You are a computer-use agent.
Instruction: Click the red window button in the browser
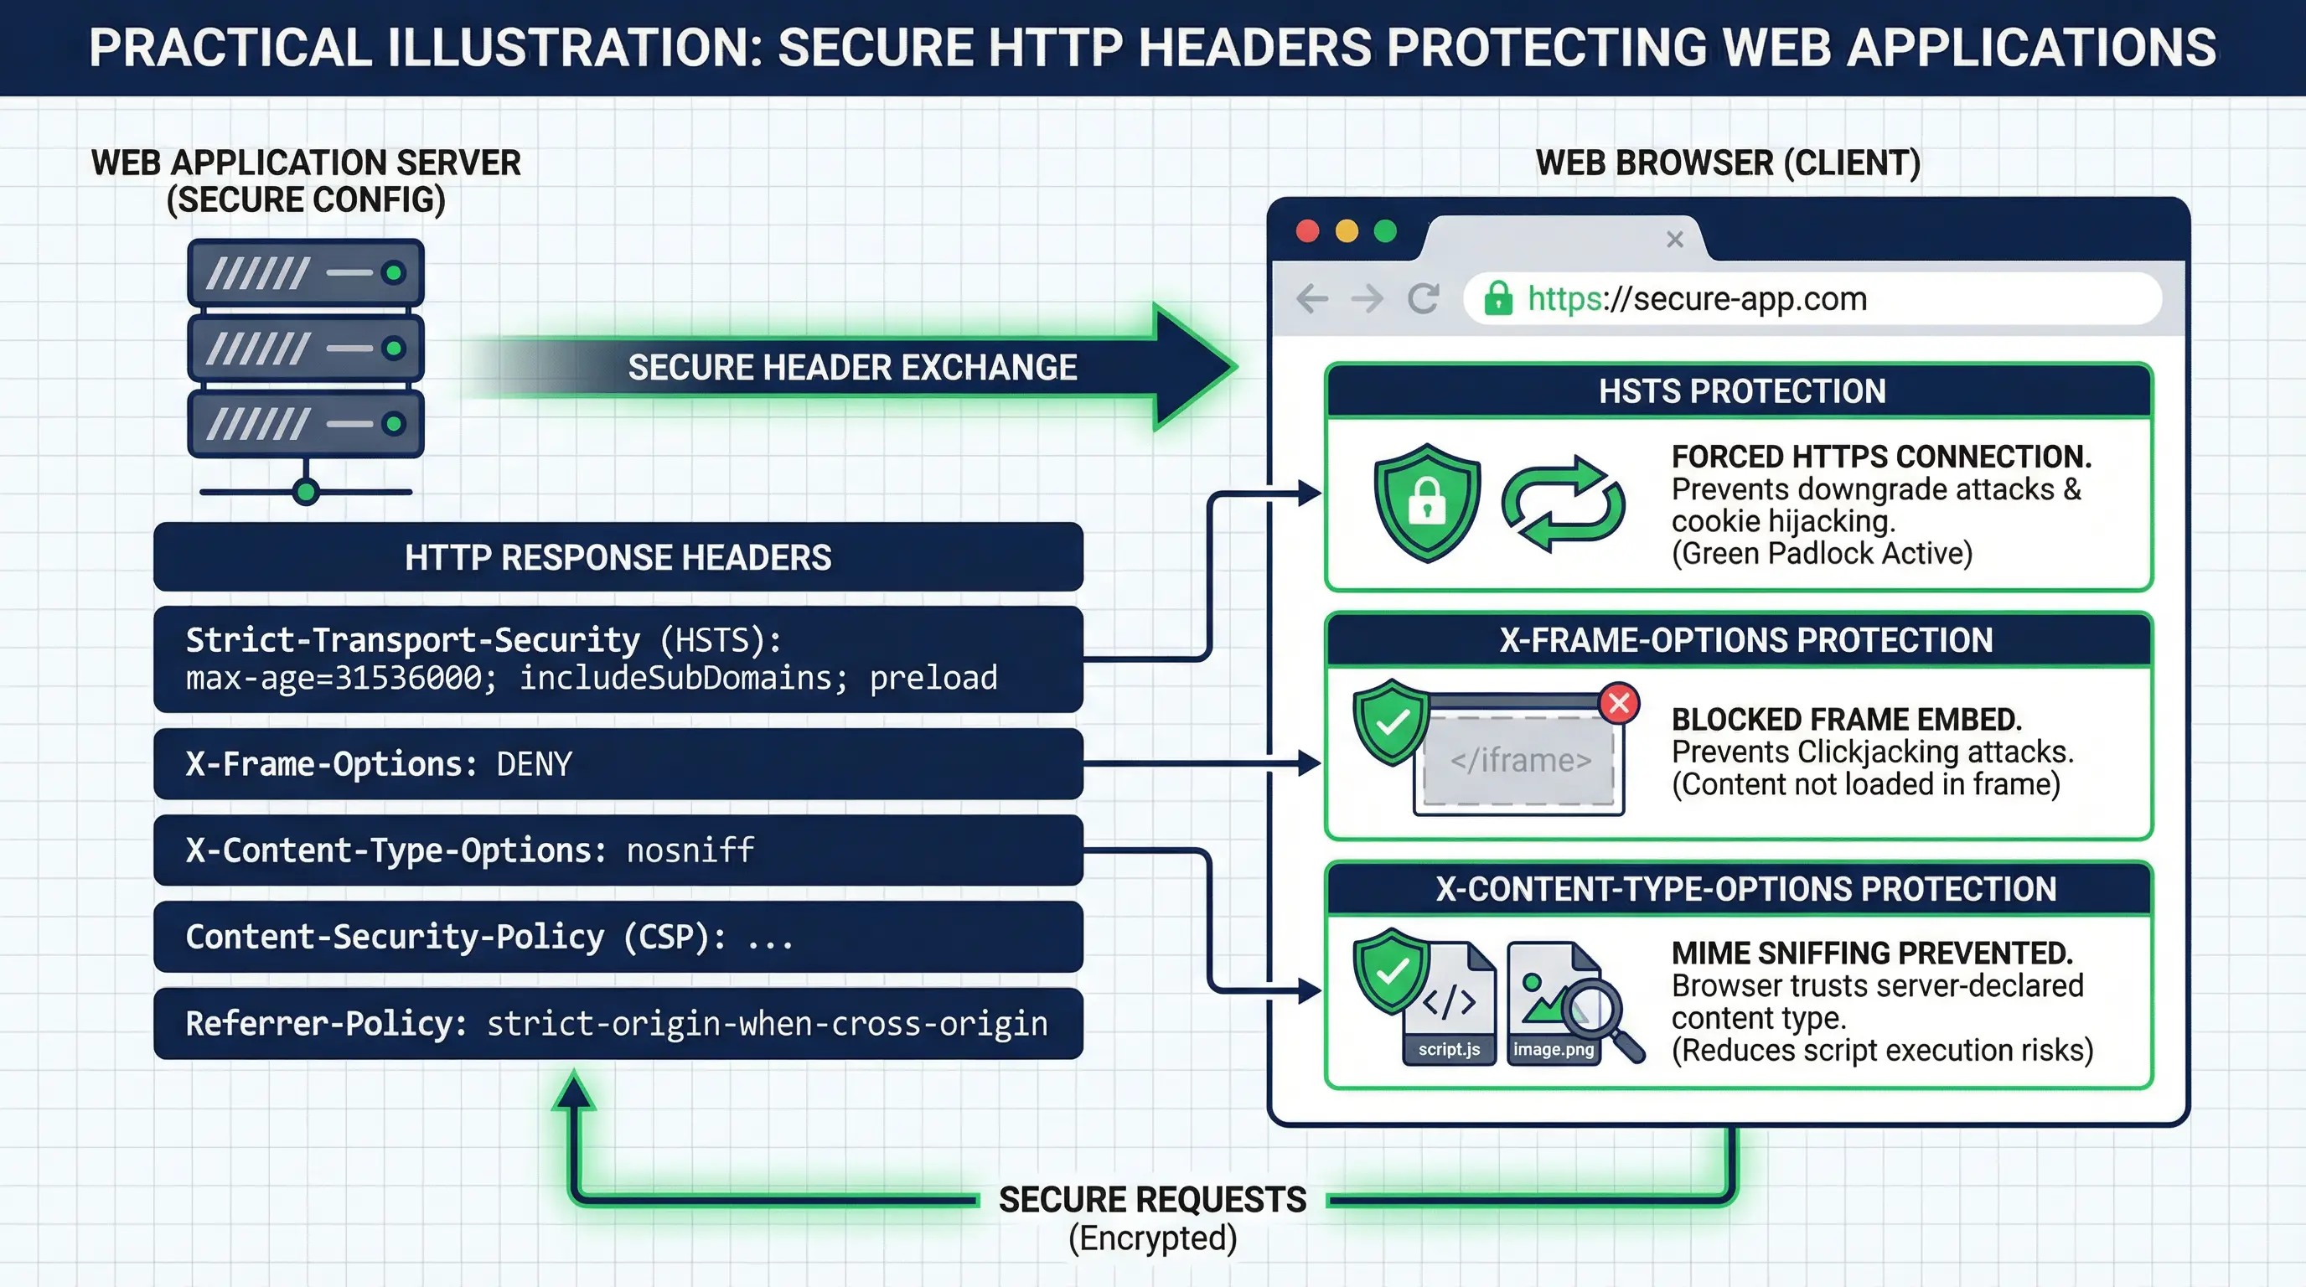[x=1308, y=231]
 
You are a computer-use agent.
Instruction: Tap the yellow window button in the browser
[x=1347, y=231]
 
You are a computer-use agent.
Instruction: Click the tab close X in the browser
[x=1675, y=239]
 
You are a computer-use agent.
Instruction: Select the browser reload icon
[x=1424, y=298]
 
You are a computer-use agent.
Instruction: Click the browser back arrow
[x=1312, y=298]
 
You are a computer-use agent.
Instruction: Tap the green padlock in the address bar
[x=1497, y=298]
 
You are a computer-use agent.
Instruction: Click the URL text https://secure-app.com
[x=1698, y=298]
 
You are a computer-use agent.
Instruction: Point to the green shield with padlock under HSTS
[x=1427, y=502]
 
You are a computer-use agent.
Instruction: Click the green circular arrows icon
[x=1563, y=503]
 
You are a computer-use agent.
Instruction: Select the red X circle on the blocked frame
[x=1619, y=704]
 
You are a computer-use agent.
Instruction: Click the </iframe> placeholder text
[x=1521, y=761]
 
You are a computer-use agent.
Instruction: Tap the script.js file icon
[x=1450, y=1004]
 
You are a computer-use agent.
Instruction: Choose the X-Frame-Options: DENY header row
[x=618, y=763]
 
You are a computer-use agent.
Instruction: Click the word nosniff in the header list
[x=690, y=850]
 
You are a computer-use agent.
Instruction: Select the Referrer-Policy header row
[x=618, y=1023]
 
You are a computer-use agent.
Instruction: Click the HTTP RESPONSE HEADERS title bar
[x=618, y=556]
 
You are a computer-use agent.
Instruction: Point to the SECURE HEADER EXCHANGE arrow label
[x=852, y=367]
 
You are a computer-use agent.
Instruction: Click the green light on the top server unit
[x=393, y=273]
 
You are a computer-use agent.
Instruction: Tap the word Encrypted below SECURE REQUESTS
[x=1153, y=1238]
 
